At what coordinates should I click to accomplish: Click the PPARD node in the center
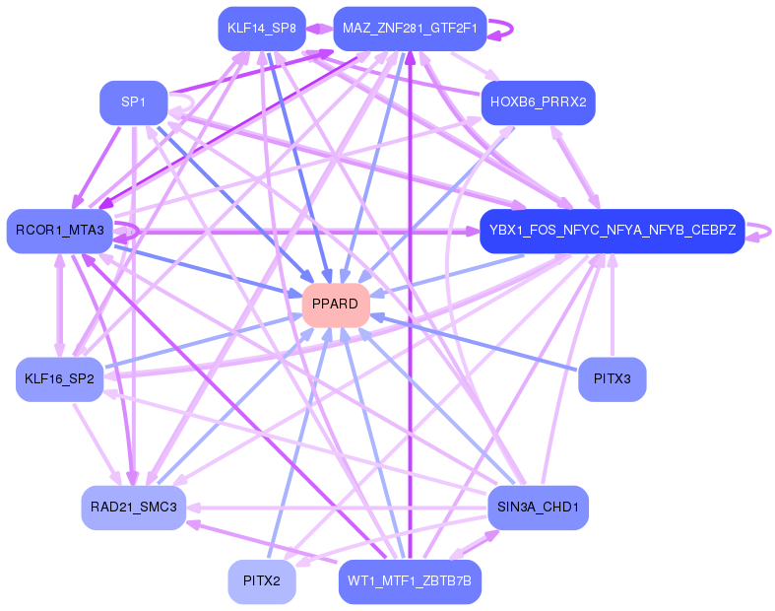coord(336,305)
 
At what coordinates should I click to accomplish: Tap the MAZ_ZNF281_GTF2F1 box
coord(410,29)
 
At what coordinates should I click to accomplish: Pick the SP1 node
coord(133,102)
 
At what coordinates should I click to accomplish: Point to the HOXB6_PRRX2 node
coord(538,102)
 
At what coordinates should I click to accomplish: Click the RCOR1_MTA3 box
coord(59,231)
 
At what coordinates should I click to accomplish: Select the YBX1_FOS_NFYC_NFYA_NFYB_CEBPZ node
coord(612,231)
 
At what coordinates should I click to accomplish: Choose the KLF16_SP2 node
coord(59,379)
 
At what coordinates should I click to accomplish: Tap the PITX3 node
coord(612,379)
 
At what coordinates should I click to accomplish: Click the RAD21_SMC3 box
coord(133,508)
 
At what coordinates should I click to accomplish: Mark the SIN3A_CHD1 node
coord(538,508)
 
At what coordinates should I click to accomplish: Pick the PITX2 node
coord(261,581)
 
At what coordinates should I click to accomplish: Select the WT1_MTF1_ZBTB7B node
coord(410,581)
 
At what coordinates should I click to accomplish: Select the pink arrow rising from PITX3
coord(613,305)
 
